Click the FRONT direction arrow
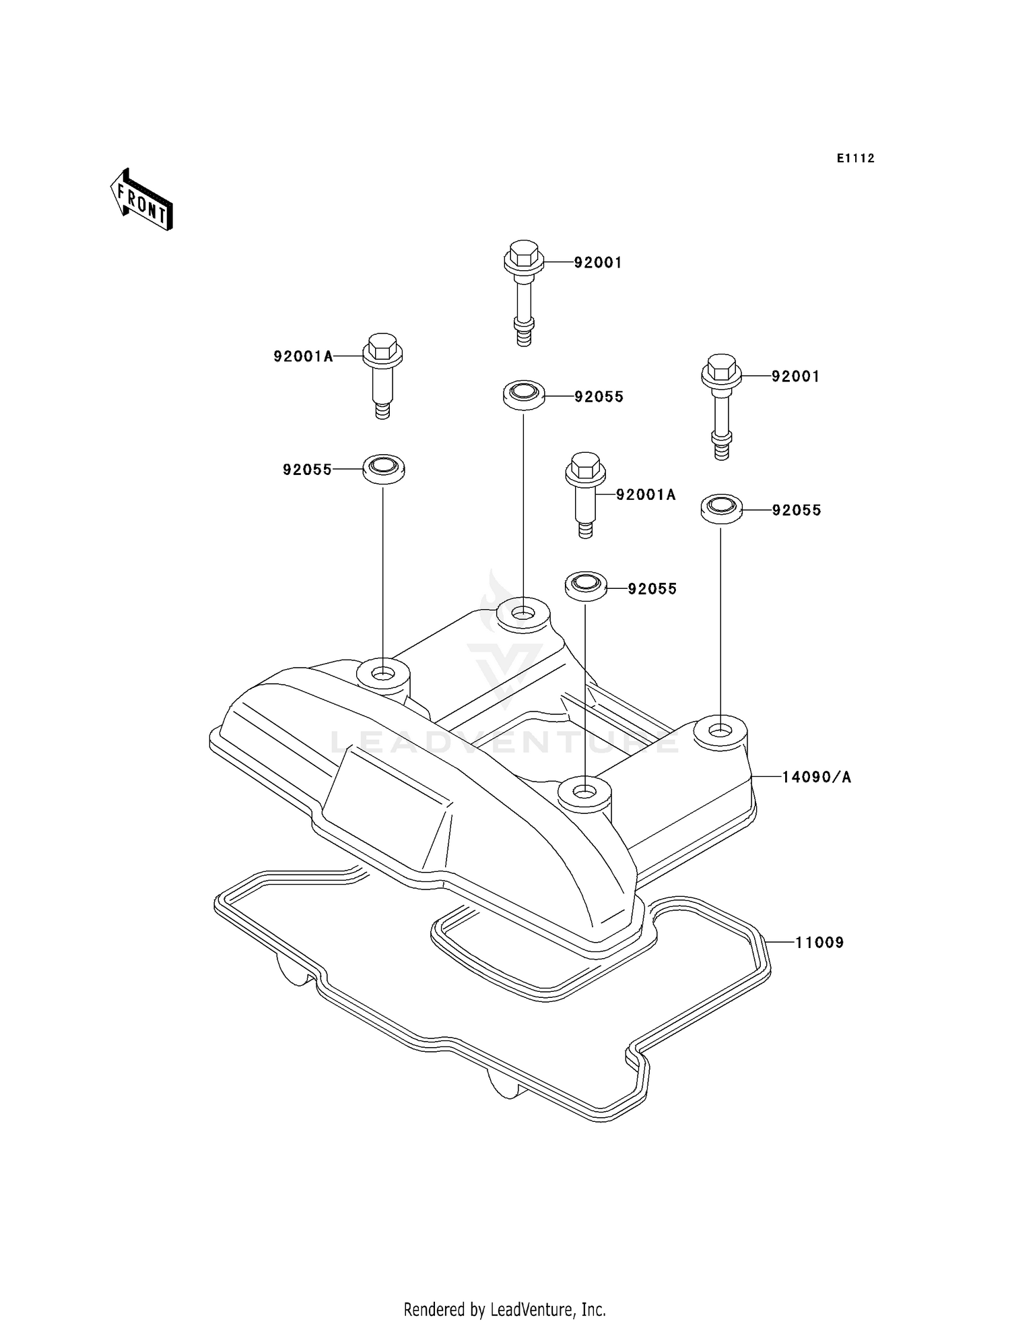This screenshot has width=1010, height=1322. [142, 201]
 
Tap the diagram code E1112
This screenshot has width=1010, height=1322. [855, 158]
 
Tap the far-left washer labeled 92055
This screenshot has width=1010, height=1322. [384, 468]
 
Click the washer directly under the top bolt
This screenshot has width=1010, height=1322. [524, 395]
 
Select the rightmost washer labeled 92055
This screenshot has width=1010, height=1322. [721, 509]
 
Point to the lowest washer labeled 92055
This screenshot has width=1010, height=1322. [585, 586]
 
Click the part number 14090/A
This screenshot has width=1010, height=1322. [816, 777]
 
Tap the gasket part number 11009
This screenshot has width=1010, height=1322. [819, 942]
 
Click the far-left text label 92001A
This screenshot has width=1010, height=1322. [303, 356]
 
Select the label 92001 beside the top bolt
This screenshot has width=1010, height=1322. [597, 263]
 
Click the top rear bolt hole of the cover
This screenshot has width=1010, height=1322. [523, 613]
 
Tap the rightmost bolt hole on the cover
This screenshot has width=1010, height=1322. [720, 732]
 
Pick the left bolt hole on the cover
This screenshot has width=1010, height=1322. [383, 673]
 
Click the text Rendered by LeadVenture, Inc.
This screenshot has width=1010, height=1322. [504, 1309]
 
